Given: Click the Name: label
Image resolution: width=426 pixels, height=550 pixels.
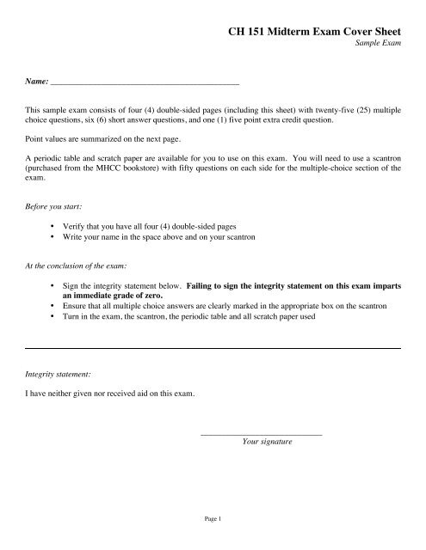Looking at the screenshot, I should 36,84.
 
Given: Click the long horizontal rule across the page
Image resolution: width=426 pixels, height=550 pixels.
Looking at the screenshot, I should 213,347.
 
